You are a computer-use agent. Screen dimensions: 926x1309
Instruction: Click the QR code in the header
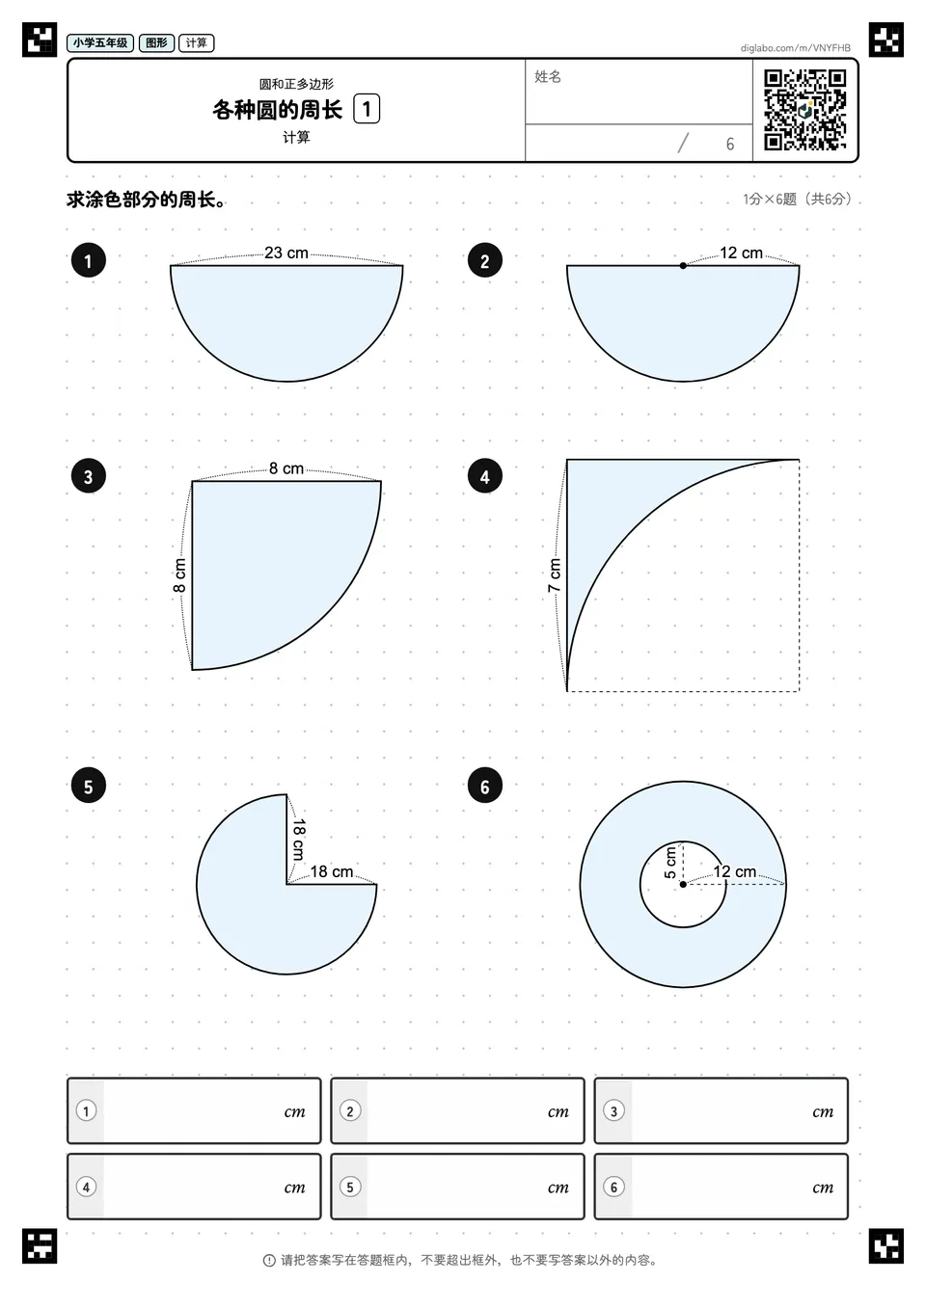[x=805, y=110]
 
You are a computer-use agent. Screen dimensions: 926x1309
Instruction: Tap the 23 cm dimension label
[x=286, y=253]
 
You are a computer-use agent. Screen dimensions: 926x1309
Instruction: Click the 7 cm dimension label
[x=555, y=575]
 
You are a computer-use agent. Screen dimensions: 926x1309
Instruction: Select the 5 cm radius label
[x=670, y=862]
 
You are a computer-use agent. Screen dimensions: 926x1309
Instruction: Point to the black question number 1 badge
[x=89, y=260]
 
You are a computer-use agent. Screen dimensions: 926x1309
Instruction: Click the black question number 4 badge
[x=484, y=477]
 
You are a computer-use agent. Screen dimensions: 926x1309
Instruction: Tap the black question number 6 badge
[x=484, y=787]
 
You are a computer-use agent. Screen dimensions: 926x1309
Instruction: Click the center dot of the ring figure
[x=683, y=884]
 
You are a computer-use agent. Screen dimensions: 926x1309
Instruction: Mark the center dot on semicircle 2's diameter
[x=683, y=266]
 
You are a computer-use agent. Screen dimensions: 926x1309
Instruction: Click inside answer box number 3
[x=721, y=1110]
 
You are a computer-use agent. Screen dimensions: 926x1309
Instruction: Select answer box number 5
[x=457, y=1187]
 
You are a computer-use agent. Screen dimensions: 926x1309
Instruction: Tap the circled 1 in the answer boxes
[x=86, y=1110]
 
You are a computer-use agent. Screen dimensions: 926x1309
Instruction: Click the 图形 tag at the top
[x=156, y=43]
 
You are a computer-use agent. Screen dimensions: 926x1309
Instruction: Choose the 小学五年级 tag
[x=100, y=43]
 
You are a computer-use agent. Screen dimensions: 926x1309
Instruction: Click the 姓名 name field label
[x=548, y=76]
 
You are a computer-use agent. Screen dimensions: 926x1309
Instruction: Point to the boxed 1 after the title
[x=367, y=109]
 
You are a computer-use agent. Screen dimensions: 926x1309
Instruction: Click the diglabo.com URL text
[x=795, y=48]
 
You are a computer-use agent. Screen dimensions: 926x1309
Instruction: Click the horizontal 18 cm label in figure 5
[x=332, y=872]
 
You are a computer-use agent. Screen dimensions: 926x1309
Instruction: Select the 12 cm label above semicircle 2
[x=741, y=253]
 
